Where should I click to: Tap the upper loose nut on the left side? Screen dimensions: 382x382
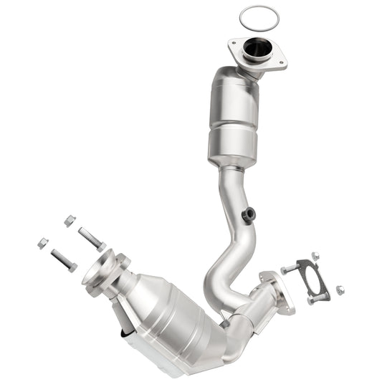69,221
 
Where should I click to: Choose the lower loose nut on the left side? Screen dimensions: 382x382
43,243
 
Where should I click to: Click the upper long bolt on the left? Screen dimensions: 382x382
91,238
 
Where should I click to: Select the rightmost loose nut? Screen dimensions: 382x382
339,290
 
